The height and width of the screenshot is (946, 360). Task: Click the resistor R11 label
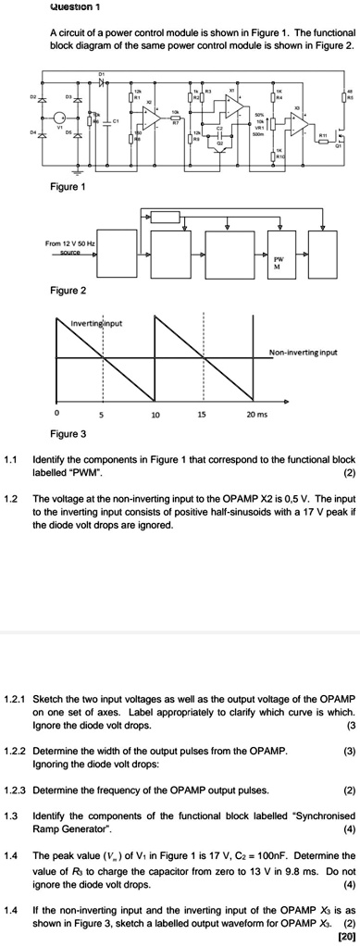point(322,135)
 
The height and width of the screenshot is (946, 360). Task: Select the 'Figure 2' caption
point(68,290)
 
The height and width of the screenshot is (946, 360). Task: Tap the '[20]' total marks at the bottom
point(347,936)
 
